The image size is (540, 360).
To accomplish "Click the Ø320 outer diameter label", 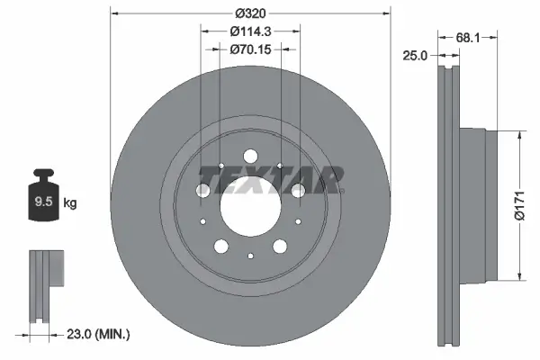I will pyautogui.click(x=251, y=13).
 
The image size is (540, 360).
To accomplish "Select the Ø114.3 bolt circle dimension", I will pyautogui.click(x=251, y=31).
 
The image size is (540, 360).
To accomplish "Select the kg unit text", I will pyautogui.click(x=70, y=203).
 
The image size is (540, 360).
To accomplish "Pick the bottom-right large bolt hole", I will pyautogui.click(x=279, y=245).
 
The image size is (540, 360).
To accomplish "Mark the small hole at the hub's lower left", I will pyautogui.click(x=203, y=222).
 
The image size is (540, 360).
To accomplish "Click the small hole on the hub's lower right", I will pyautogui.click(x=293, y=222).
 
